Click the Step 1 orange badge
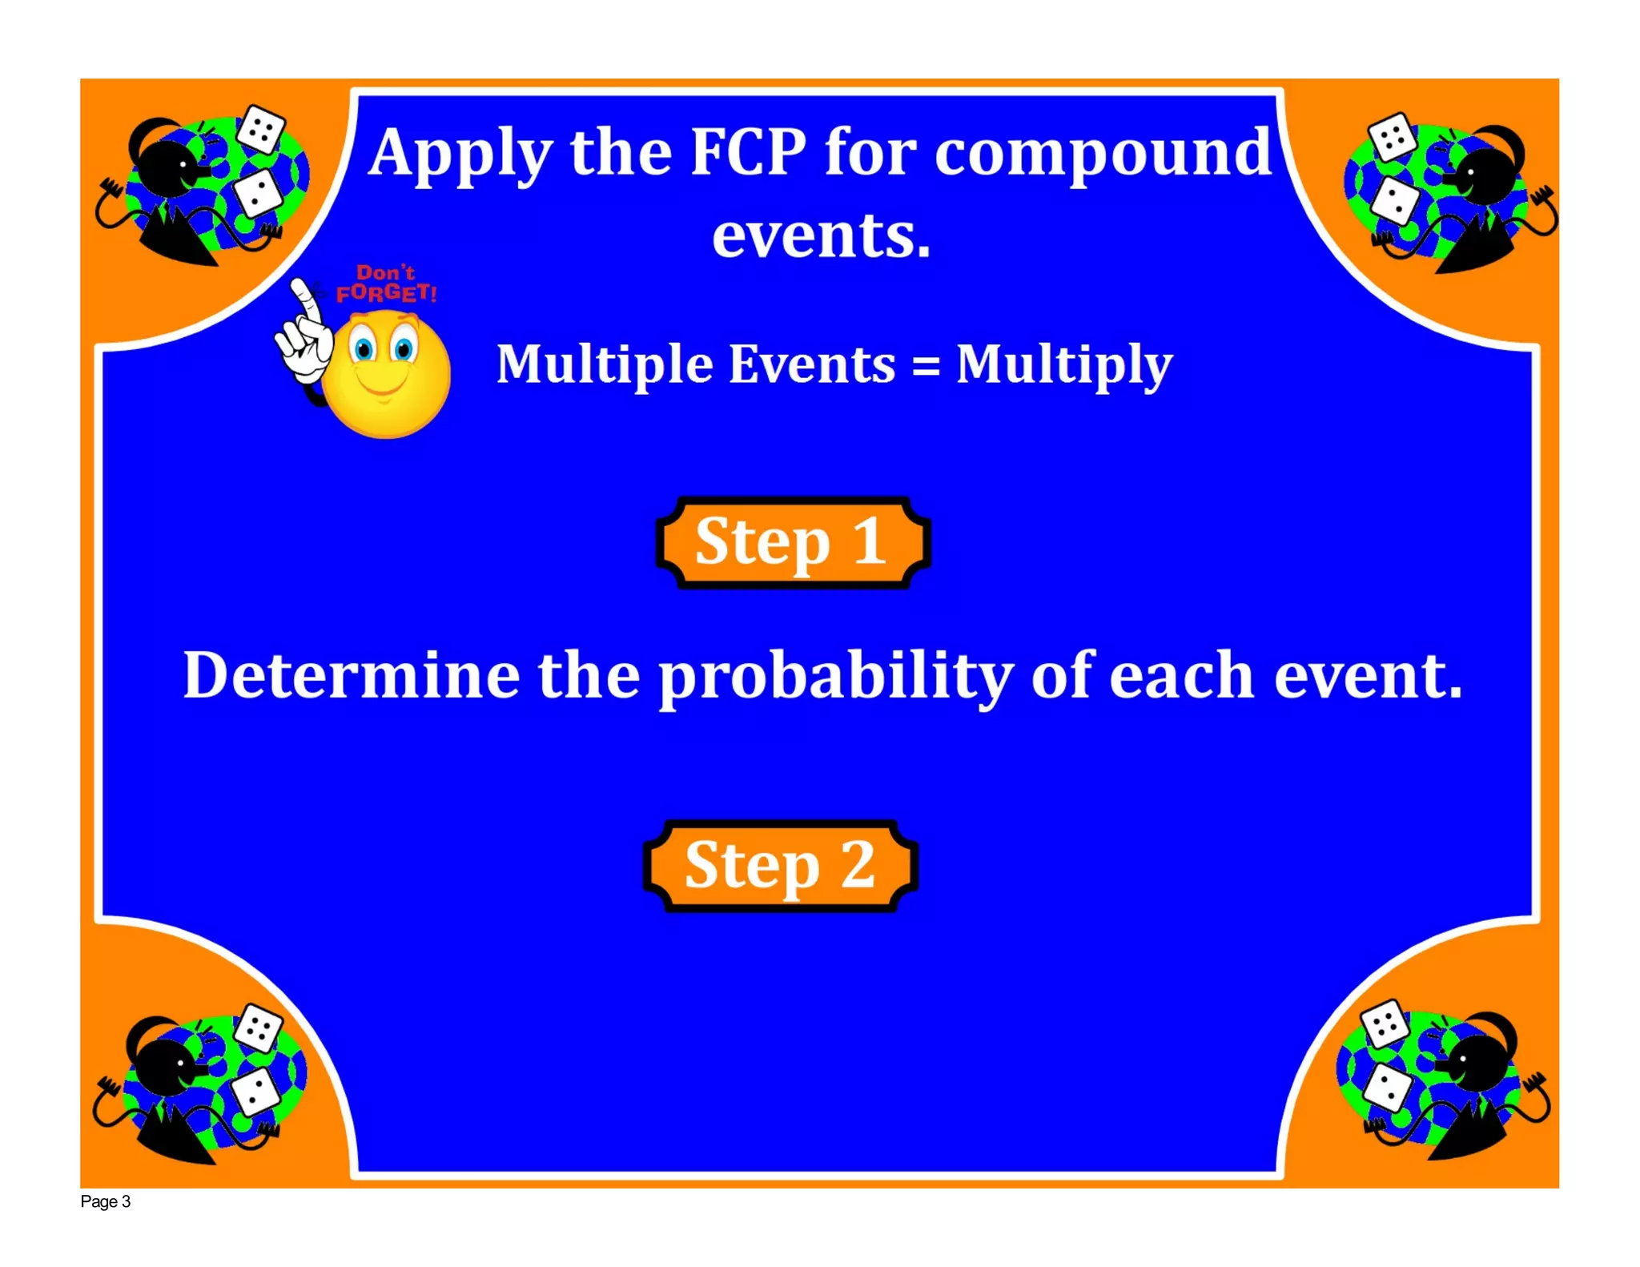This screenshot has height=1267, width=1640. (792, 542)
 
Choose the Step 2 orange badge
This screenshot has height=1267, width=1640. (781, 866)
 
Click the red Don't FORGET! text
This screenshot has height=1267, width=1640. (386, 284)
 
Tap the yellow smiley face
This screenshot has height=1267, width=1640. (387, 374)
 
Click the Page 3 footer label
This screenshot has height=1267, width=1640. (105, 1201)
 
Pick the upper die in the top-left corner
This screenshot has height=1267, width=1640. (261, 129)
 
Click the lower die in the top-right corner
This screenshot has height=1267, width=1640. (1394, 200)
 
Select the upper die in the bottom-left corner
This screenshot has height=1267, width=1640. (258, 1028)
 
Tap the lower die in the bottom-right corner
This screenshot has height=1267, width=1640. (1387, 1088)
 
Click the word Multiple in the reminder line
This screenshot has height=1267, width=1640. (604, 366)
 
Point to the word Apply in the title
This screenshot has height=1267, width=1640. (460, 154)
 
